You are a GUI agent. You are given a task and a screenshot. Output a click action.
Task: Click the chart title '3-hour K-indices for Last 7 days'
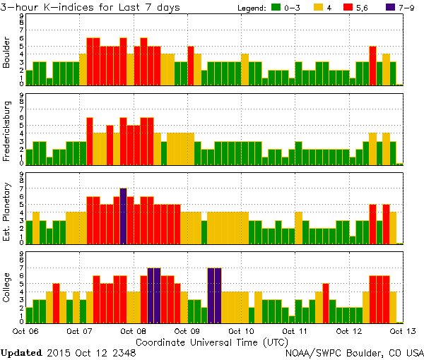tap(90, 7)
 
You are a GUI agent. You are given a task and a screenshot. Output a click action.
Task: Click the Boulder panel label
tap(8, 53)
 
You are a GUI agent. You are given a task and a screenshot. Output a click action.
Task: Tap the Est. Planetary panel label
tap(8, 211)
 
